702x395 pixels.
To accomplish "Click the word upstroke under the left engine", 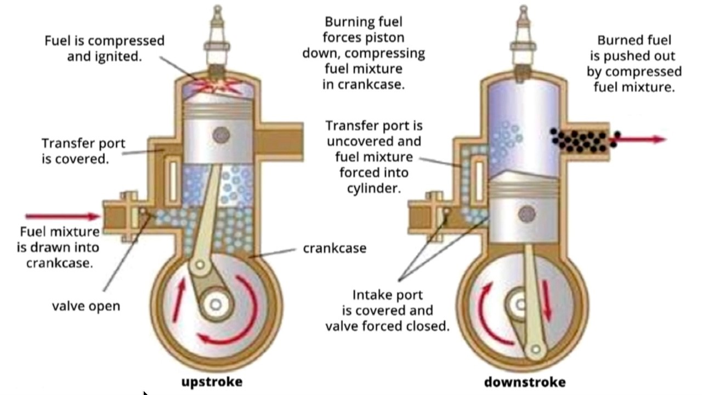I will [x=212, y=381].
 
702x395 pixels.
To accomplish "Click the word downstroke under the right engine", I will [x=524, y=381].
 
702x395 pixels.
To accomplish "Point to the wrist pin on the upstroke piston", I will [x=221, y=134].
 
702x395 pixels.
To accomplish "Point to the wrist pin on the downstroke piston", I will [x=527, y=214].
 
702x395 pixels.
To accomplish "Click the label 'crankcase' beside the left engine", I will [x=335, y=248].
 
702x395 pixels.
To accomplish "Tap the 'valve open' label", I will [x=86, y=306].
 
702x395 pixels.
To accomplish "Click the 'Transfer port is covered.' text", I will [x=83, y=151].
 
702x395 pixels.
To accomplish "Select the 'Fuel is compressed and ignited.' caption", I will [x=104, y=48].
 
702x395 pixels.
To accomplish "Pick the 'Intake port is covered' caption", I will [x=387, y=311].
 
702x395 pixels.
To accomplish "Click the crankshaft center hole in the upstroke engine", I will [x=216, y=304].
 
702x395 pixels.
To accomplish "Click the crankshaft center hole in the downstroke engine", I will [x=519, y=303].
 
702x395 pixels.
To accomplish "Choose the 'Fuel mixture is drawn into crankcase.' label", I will [x=60, y=247].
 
